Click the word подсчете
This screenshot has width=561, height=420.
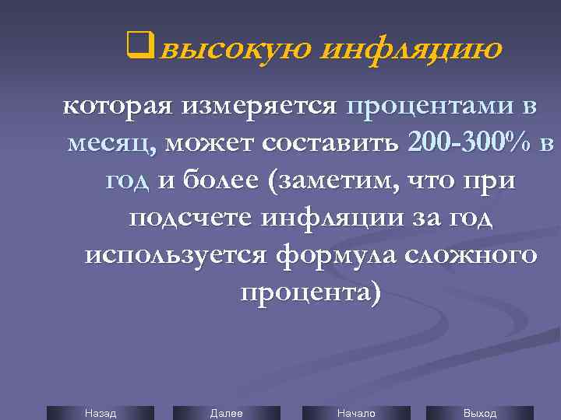(190, 218)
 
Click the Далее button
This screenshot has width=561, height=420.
(226, 413)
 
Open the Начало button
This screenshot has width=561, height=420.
(356, 413)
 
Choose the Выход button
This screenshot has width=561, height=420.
(480, 413)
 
